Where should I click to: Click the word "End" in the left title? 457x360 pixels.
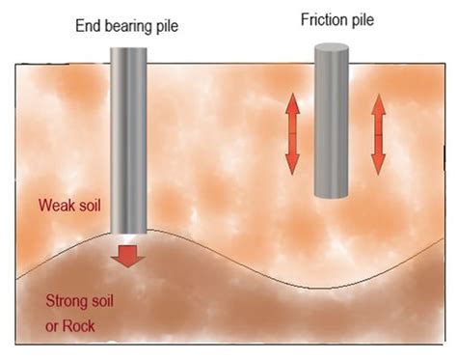(x=89, y=23)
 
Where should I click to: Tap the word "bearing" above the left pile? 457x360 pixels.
(x=125, y=23)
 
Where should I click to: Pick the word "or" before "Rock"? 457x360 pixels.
(x=53, y=325)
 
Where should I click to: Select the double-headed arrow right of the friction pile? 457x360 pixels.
(x=377, y=134)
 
